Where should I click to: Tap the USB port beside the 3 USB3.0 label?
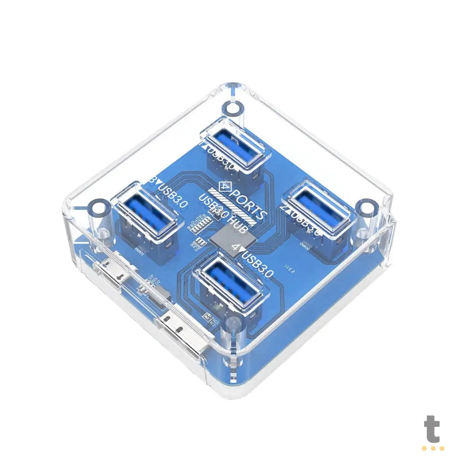[x=146, y=212]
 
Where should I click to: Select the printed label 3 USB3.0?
[x=169, y=193]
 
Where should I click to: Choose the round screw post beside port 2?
[x=367, y=208]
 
